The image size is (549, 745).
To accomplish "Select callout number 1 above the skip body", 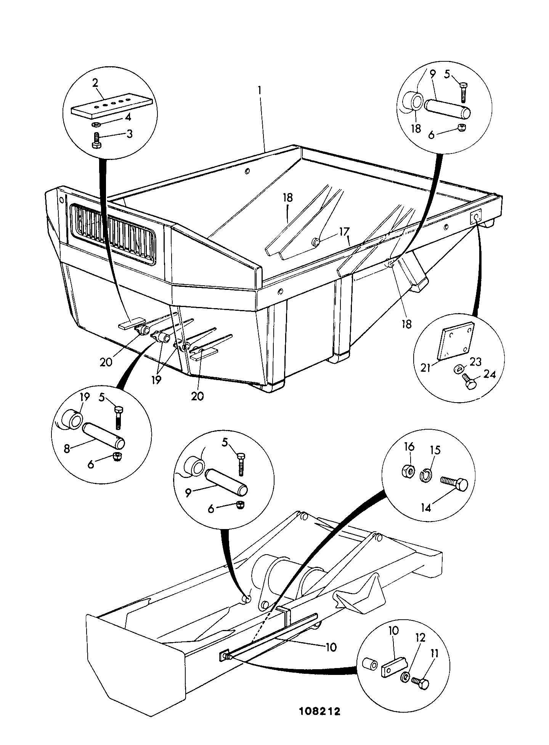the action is coord(260,90).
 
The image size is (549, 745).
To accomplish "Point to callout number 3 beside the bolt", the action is coord(130,134).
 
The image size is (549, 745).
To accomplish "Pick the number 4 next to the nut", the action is coord(128,116).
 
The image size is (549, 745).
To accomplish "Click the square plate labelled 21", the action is coord(456,341).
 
